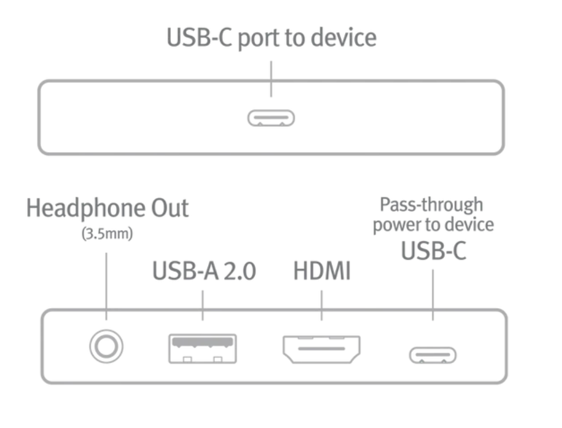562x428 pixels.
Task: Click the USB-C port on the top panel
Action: (x=271, y=118)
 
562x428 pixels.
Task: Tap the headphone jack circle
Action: (x=107, y=347)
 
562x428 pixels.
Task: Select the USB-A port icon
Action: (x=202, y=348)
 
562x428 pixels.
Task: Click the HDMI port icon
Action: (x=322, y=349)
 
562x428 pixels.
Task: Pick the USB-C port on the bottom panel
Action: (x=432, y=355)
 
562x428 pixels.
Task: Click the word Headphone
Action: (x=86, y=209)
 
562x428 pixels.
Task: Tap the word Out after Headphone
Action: (x=170, y=208)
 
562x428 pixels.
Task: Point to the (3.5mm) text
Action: (x=107, y=234)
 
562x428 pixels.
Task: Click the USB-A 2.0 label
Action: (x=204, y=271)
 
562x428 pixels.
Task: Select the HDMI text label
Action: (x=322, y=271)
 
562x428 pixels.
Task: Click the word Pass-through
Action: (x=431, y=205)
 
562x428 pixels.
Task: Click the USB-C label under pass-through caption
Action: (x=434, y=251)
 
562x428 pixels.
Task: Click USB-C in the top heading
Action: (x=200, y=37)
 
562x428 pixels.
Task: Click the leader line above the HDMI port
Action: (x=322, y=305)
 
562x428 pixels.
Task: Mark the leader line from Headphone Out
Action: (x=106, y=286)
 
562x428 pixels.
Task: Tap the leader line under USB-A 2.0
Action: (x=202, y=305)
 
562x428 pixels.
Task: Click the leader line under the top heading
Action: (x=271, y=79)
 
